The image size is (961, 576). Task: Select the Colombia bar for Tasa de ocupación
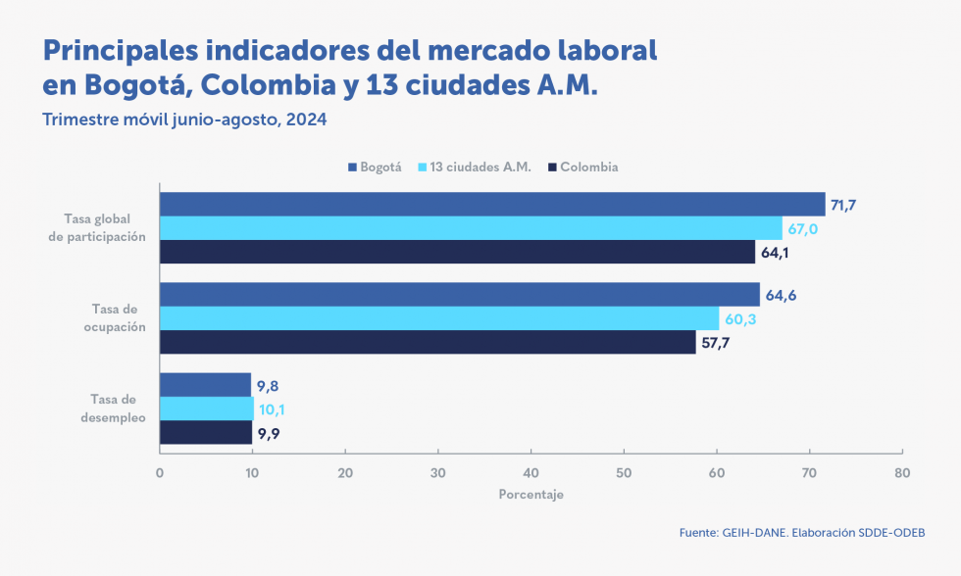coord(428,343)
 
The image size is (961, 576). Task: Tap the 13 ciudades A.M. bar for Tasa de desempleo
coord(206,408)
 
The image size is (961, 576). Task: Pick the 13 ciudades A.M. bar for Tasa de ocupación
coord(439,318)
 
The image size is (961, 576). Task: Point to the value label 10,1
coord(274,409)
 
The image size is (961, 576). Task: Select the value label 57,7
coord(715,344)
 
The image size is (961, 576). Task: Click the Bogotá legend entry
coord(375,168)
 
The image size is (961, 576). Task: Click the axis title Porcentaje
coord(531,495)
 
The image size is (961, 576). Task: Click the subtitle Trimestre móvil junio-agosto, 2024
coord(184,120)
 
